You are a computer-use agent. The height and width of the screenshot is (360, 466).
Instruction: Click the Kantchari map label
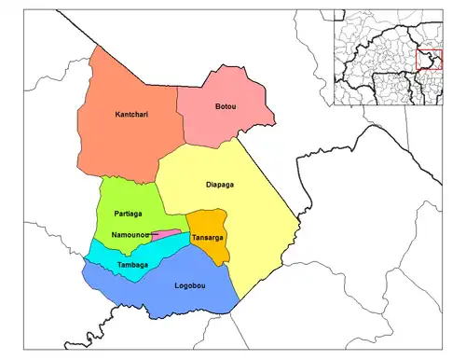pos(131,115)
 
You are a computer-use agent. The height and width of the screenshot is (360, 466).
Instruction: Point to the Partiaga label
pos(129,214)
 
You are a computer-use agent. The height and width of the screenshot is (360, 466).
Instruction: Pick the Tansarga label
pos(207,238)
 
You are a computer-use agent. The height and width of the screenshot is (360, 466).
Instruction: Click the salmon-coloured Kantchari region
pos(121,140)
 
